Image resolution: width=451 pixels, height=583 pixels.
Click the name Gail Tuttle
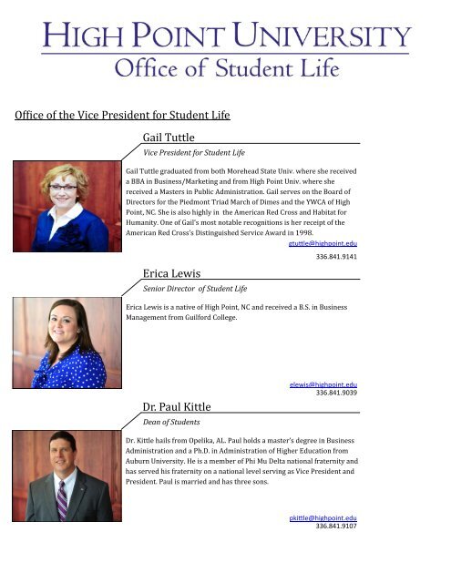[169, 138]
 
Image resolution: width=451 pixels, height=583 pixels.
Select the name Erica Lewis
[172, 272]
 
